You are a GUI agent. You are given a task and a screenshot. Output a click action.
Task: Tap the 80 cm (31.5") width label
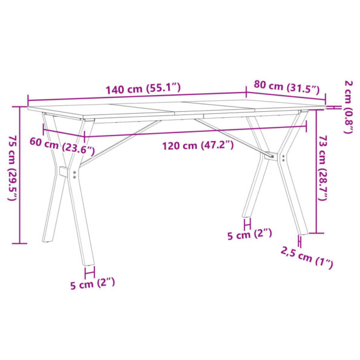point(286,87)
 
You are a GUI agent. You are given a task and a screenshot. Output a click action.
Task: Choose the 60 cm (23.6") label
point(62,145)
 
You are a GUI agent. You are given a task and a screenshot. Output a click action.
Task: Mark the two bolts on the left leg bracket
point(74,174)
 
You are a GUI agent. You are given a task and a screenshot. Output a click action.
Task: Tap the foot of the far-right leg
point(300,231)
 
